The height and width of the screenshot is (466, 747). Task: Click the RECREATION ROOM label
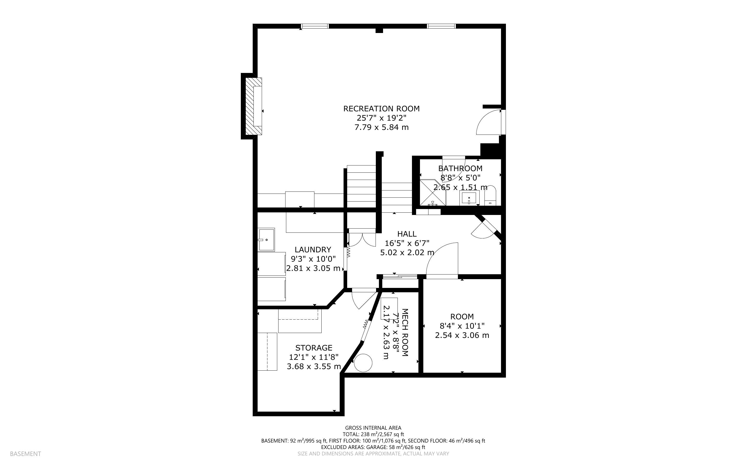click(x=381, y=109)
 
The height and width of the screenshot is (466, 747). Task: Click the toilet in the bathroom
click(x=490, y=195)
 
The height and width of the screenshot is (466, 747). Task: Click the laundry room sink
click(x=266, y=239)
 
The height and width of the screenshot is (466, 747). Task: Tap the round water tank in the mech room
click(x=363, y=363)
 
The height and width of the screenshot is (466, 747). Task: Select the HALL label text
click(x=407, y=234)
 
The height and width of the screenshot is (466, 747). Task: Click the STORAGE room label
click(x=314, y=348)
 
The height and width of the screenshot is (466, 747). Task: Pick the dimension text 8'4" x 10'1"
click(x=462, y=326)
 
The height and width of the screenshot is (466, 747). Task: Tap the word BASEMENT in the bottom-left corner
click(x=25, y=454)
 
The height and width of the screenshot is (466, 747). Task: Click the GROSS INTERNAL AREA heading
click(x=373, y=428)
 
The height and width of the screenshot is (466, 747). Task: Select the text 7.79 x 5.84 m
click(x=381, y=127)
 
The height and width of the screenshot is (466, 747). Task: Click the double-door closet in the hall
click(x=362, y=238)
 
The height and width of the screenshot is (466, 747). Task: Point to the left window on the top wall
click(x=315, y=26)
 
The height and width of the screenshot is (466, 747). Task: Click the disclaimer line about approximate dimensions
click(x=373, y=454)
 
